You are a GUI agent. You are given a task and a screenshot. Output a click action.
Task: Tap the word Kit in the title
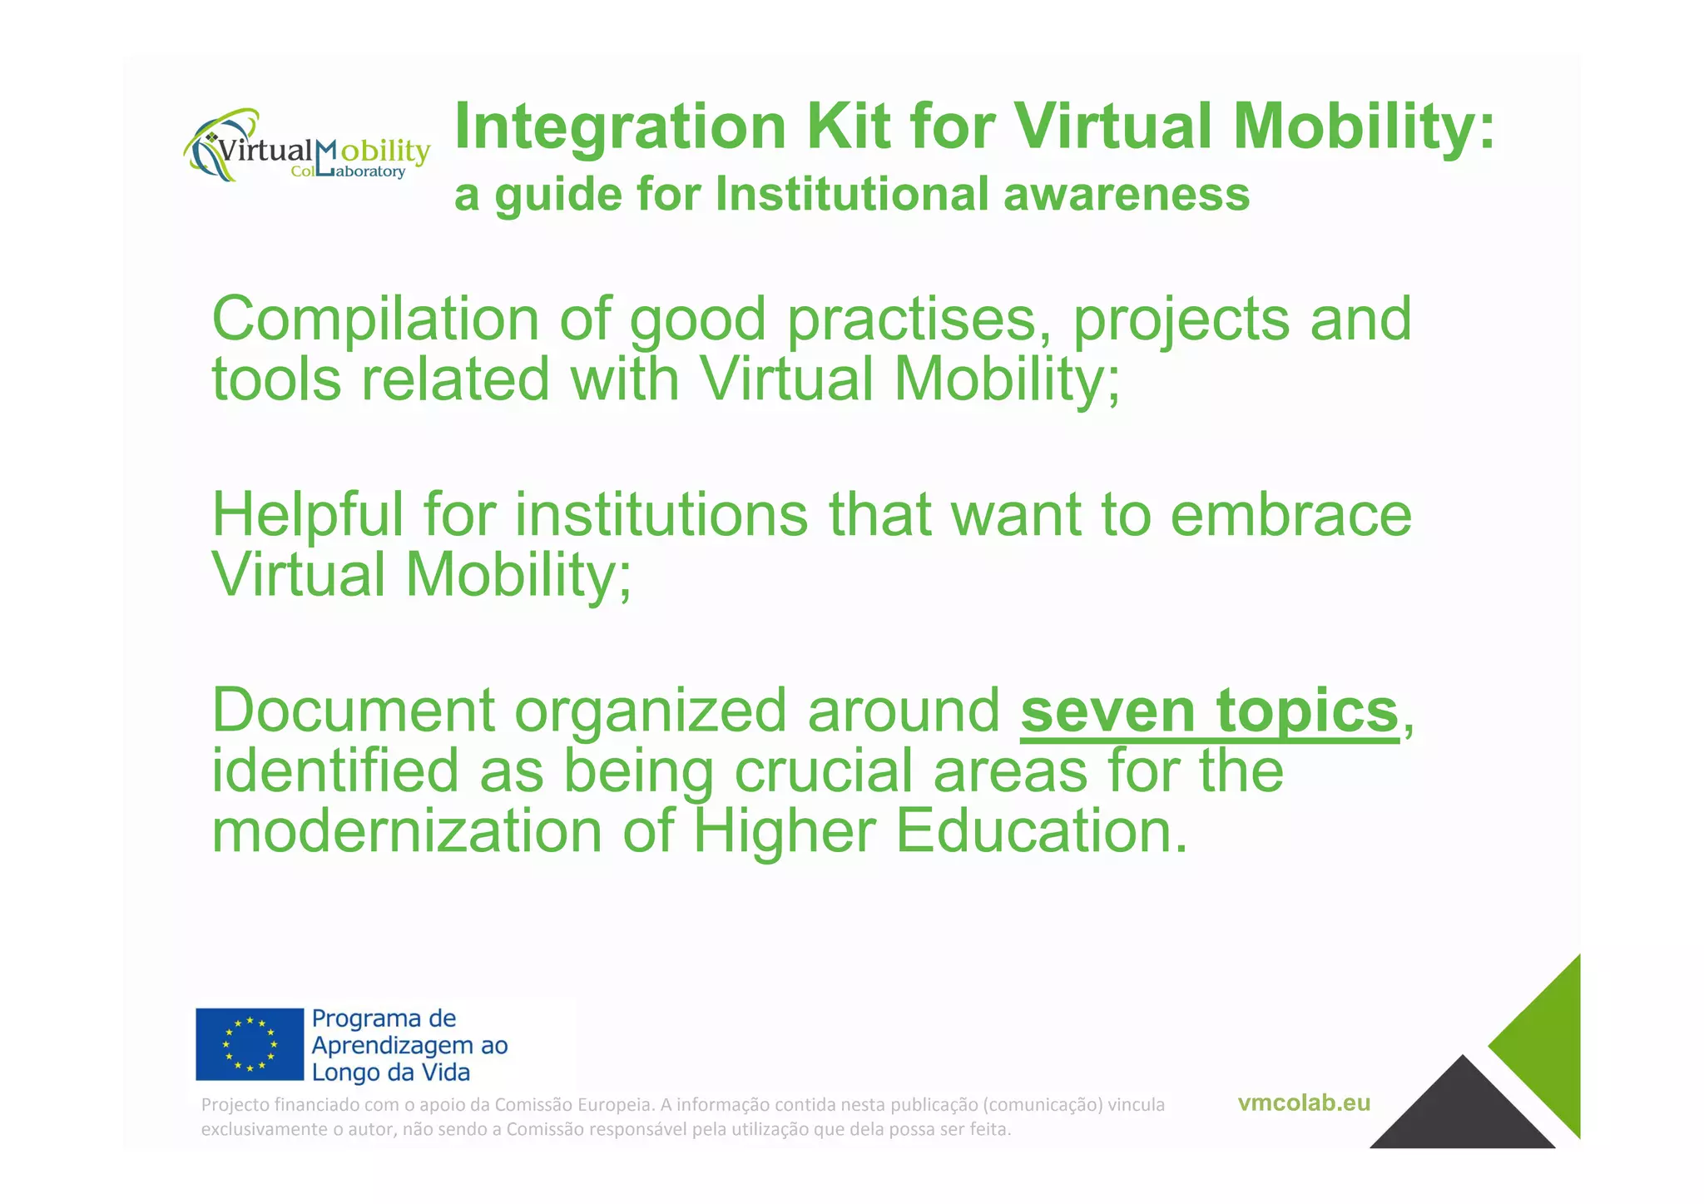[x=848, y=126]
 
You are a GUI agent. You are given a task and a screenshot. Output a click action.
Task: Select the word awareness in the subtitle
[x=1127, y=195]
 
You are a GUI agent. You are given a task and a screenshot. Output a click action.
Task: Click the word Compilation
[x=375, y=320]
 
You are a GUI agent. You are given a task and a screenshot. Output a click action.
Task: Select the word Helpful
[x=307, y=516]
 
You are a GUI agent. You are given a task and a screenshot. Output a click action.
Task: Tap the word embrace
[x=1290, y=516]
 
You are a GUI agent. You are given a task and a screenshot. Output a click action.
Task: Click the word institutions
[x=661, y=516]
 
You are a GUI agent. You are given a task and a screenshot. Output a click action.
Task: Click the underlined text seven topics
[x=1209, y=711]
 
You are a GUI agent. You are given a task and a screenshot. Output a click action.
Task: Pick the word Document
[x=353, y=711]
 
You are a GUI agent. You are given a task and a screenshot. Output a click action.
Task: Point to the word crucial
[x=823, y=771]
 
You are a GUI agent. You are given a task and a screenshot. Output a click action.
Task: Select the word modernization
[x=406, y=832]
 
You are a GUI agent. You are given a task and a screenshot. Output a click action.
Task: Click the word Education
[x=1042, y=832]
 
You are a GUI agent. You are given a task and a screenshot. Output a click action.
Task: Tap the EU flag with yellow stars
[x=250, y=1044]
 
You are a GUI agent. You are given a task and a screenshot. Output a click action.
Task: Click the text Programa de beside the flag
[x=384, y=1018]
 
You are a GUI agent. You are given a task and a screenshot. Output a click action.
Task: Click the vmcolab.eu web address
[x=1303, y=1103]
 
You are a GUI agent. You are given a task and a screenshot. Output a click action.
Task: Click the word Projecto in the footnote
[x=235, y=1105]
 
